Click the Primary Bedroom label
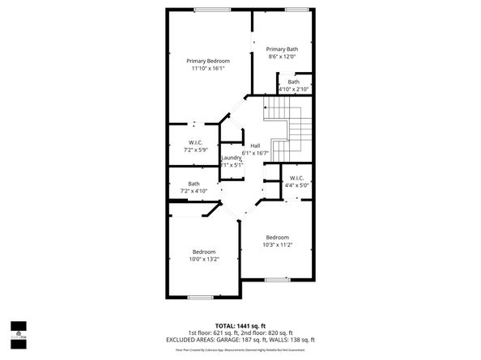208,61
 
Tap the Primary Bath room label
282,49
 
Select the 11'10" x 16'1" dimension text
208,69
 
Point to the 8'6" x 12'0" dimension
282,57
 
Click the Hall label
254,145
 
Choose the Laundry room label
232,157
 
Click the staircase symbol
292,129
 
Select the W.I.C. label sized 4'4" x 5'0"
296,178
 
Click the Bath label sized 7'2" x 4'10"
194,184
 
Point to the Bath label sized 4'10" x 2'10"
293,82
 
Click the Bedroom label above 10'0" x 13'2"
204,252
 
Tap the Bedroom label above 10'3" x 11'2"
278,236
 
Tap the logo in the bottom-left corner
19,332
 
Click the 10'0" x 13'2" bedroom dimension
204,260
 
